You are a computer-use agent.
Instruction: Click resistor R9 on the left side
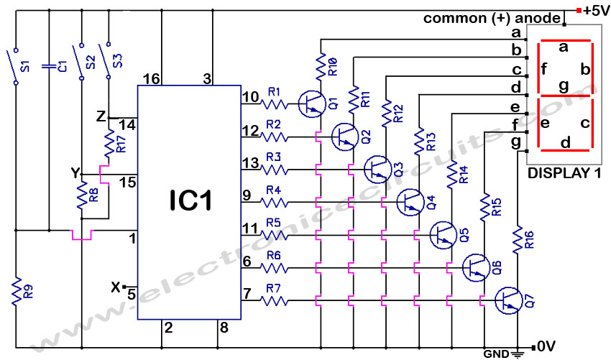[x=16, y=293]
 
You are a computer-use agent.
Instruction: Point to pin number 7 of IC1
[x=247, y=294]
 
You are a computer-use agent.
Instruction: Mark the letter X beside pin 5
[x=115, y=287]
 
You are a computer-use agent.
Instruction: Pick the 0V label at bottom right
[x=547, y=346]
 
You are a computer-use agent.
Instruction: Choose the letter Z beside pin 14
[x=101, y=116]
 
